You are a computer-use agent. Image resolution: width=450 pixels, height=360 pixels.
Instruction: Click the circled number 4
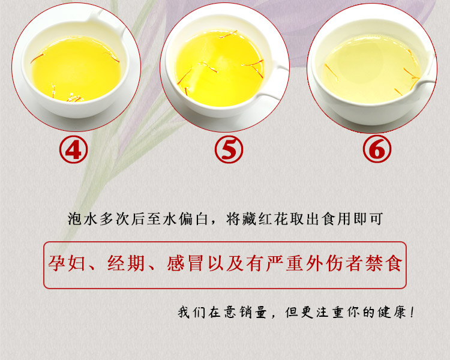(x=73, y=149)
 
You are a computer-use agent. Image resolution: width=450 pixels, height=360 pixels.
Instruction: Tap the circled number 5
(x=229, y=149)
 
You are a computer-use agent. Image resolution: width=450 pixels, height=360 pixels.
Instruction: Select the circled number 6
(x=377, y=149)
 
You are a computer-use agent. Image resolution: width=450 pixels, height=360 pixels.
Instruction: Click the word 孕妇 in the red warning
(x=67, y=263)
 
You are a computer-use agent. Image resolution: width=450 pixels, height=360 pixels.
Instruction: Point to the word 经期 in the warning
(x=126, y=263)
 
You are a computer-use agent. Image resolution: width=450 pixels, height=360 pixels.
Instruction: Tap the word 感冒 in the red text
(x=185, y=263)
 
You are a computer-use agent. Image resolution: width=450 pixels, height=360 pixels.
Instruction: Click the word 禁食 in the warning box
(x=384, y=263)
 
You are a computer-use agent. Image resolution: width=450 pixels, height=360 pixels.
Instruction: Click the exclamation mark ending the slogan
(x=412, y=312)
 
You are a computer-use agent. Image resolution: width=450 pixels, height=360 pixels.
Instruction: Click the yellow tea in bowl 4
(x=76, y=68)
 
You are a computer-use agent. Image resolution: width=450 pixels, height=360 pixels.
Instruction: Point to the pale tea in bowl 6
(x=371, y=70)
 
